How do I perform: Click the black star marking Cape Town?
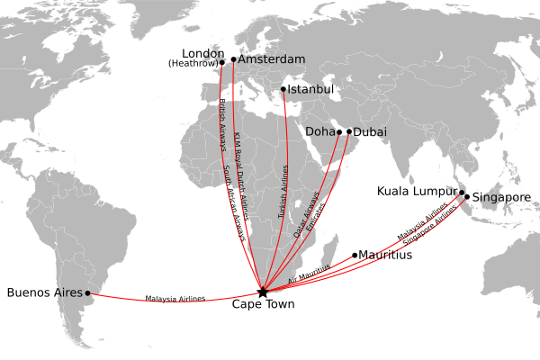262,292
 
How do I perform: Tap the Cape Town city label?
262,305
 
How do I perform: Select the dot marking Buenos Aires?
88,292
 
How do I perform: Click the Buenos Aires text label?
44,292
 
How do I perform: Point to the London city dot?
221,62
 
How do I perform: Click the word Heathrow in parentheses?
193,63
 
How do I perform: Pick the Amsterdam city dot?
233,59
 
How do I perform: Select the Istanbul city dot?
283,89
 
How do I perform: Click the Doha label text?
319,131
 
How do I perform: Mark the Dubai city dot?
349,131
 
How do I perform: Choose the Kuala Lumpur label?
417,191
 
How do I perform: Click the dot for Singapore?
466,196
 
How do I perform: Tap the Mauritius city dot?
355,255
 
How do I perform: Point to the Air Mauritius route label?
310,274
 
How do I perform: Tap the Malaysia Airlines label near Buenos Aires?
175,298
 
